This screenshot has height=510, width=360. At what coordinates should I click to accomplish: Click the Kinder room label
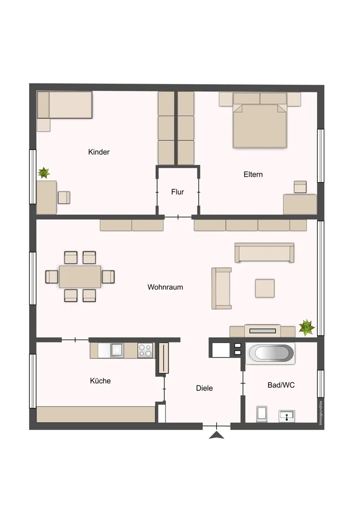pyautogui.click(x=99, y=152)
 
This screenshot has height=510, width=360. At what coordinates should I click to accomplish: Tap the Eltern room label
pyautogui.click(x=253, y=174)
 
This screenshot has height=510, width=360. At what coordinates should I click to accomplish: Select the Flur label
pyautogui.click(x=177, y=192)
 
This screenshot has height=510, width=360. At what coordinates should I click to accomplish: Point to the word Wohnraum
pyautogui.click(x=165, y=287)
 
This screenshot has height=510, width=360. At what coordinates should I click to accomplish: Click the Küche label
pyautogui.click(x=100, y=381)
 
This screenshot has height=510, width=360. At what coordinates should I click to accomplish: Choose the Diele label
pyautogui.click(x=204, y=388)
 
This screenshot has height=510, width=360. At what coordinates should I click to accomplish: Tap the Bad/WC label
pyautogui.click(x=281, y=385)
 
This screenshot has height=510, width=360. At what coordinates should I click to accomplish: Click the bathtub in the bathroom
pyautogui.click(x=271, y=353)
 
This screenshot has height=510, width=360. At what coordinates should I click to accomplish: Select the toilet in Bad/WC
pyautogui.click(x=262, y=414)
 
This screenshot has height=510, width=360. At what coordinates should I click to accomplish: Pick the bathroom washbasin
pyautogui.click(x=287, y=416)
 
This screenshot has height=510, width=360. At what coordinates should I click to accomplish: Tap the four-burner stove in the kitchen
pyautogui.click(x=145, y=351)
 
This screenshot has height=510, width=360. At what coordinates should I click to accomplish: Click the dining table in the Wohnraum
pyautogui.click(x=80, y=277)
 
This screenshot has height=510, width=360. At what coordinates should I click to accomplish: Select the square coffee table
pyautogui.click(x=265, y=288)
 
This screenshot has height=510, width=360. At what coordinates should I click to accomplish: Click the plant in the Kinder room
pyautogui.click(x=43, y=173)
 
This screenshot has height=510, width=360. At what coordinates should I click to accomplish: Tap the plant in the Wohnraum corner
pyautogui.click(x=306, y=327)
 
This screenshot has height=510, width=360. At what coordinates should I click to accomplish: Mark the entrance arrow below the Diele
pyautogui.click(x=217, y=435)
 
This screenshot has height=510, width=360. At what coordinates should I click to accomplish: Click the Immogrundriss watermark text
pyautogui.click(x=321, y=413)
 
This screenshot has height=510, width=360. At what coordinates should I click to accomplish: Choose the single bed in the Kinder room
pyautogui.click(x=64, y=105)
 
